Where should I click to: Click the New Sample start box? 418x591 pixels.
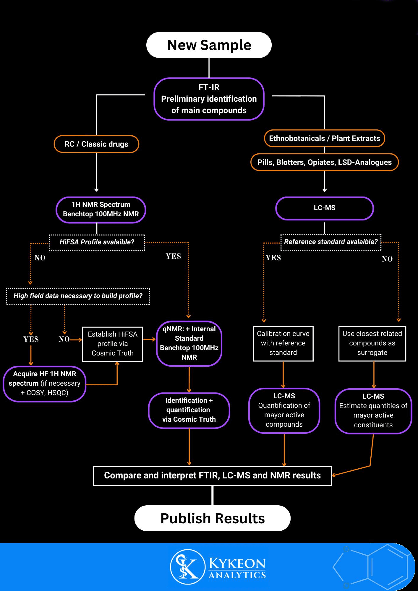click(209, 45)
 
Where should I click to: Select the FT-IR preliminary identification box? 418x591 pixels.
click(209, 99)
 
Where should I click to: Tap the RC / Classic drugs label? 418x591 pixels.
click(96, 144)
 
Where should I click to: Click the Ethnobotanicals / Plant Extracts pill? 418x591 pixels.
click(324, 138)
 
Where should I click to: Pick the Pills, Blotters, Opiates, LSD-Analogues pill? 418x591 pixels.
click(324, 162)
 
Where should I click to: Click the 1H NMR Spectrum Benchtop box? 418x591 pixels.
click(101, 209)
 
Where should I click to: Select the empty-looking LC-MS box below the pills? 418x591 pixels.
click(324, 208)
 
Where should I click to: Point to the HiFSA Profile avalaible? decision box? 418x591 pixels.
click(97, 242)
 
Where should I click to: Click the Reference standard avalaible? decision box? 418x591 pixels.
click(330, 242)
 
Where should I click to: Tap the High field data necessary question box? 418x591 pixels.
click(78, 296)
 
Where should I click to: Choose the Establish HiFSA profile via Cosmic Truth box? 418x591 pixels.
click(113, 344)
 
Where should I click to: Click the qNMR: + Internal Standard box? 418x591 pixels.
click(189, 343)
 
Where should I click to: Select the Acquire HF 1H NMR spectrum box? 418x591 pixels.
click(45, 383)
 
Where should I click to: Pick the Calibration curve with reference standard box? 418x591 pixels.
click(283, 343)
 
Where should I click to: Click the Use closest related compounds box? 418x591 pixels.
click(372, 343)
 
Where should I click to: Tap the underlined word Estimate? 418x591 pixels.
click(353, 406)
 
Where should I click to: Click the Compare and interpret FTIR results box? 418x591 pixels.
click(212, 475)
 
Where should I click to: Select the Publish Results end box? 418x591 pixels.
click(212, 518)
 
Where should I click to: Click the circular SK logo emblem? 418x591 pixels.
click(187, 567)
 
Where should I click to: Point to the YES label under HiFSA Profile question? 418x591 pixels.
click(173, 256)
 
